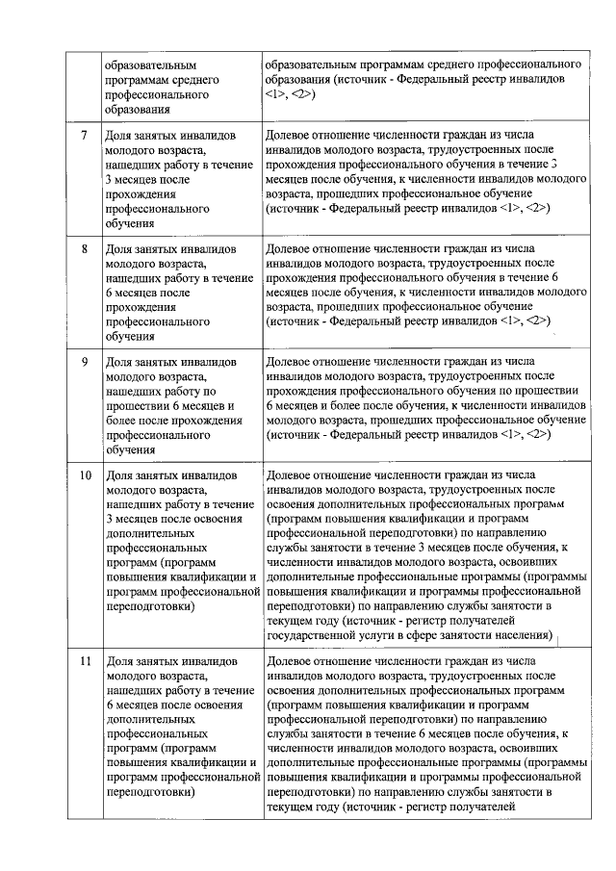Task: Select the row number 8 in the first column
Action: point(85,248)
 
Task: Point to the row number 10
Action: point(85,475)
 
